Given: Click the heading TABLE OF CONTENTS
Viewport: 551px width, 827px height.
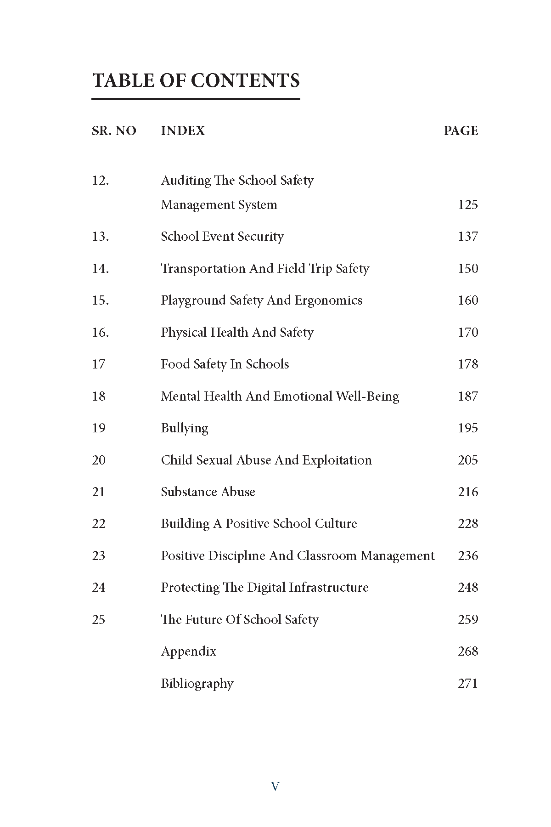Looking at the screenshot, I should tap(196, 80).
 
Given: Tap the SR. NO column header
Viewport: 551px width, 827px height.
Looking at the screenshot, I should tap(114, 131).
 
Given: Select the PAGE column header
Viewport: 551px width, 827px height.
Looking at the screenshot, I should tap(461, 131).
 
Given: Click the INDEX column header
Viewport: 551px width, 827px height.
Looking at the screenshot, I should tap(183, 131).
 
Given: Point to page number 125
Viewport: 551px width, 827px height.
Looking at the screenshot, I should tap(467, 205).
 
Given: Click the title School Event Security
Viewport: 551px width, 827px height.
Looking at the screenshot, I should tap(222, 237).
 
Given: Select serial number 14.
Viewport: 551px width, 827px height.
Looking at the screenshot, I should tap(100, 269).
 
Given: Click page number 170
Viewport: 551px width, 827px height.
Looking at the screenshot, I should tap(467, 333).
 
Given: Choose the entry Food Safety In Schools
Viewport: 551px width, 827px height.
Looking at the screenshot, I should tap(225, 364).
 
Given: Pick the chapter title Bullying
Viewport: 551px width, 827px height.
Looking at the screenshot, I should tap(184, 428).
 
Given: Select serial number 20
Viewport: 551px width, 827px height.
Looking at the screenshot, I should tap(99, 460).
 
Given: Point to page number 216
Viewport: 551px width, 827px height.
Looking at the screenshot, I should tap(467, 492).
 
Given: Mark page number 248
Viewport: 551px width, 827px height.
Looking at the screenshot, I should tap(467, 588).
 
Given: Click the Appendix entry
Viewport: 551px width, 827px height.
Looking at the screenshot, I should tap(188, 651).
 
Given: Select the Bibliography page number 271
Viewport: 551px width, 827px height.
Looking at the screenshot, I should tap(467, 684).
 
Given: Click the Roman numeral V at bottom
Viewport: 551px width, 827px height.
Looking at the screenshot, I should tap(275, 787).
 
